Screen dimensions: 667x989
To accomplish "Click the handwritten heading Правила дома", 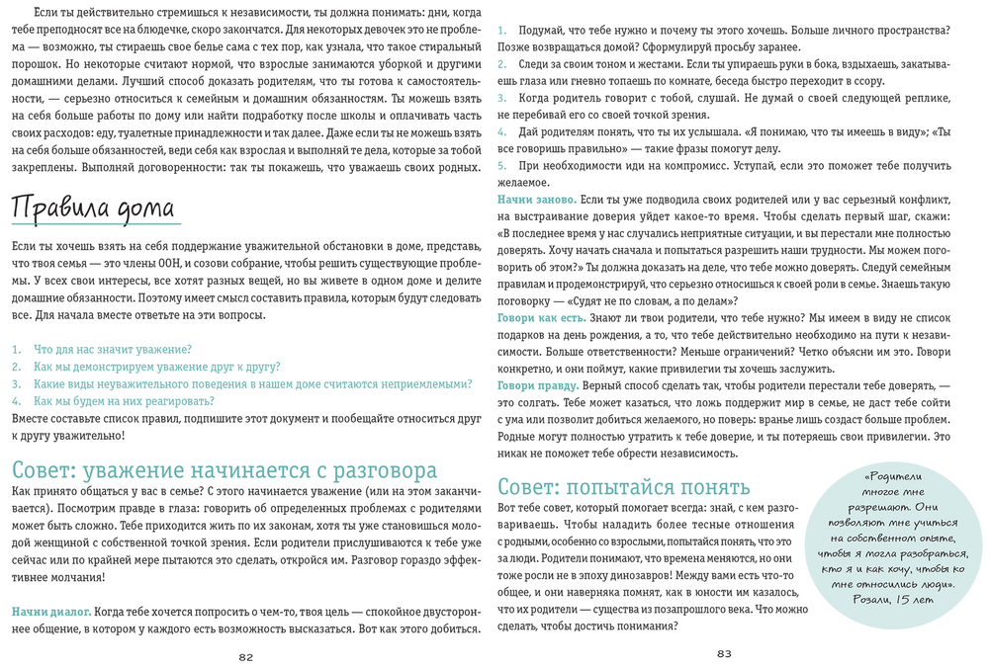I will pos(92,209).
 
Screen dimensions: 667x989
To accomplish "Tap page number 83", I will pos(723,653).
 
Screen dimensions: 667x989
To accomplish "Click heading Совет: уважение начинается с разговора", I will pos(224,469).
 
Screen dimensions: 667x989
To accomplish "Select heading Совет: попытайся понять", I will pos(623,486).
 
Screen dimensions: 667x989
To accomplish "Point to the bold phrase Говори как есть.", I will pos(542,317).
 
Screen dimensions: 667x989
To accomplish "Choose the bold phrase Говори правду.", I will pos(537,384).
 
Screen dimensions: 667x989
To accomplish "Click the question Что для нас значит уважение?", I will pos(112,349).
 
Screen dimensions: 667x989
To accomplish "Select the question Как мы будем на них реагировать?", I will pos(124,401).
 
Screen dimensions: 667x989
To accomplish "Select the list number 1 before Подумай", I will pos(501,30).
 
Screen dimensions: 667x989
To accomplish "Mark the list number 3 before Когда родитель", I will pos(501,98).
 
